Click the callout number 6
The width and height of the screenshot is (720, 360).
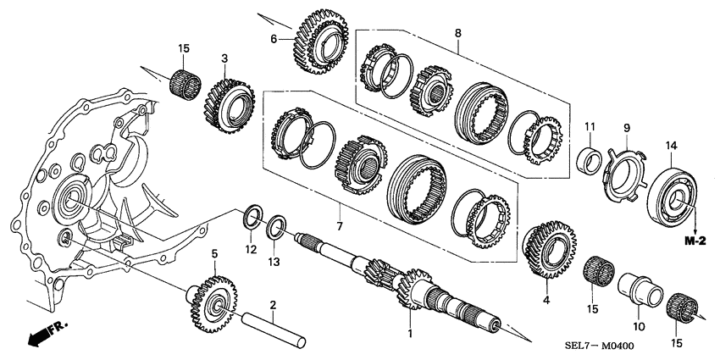pyautogui.click(x=274, y=39)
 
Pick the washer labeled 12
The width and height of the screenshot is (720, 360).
pyautogui.click(x=252, y=216)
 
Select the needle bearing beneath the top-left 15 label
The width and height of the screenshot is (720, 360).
pyautogui.click(x=186, y=83)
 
